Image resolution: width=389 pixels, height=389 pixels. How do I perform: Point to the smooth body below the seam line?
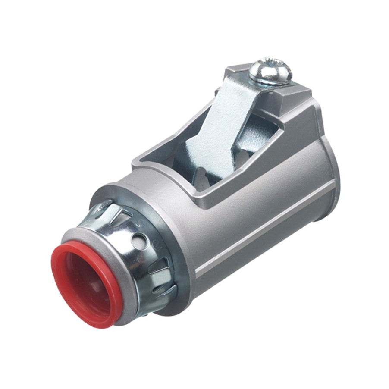pyautogui.click(x=259, y=267)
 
